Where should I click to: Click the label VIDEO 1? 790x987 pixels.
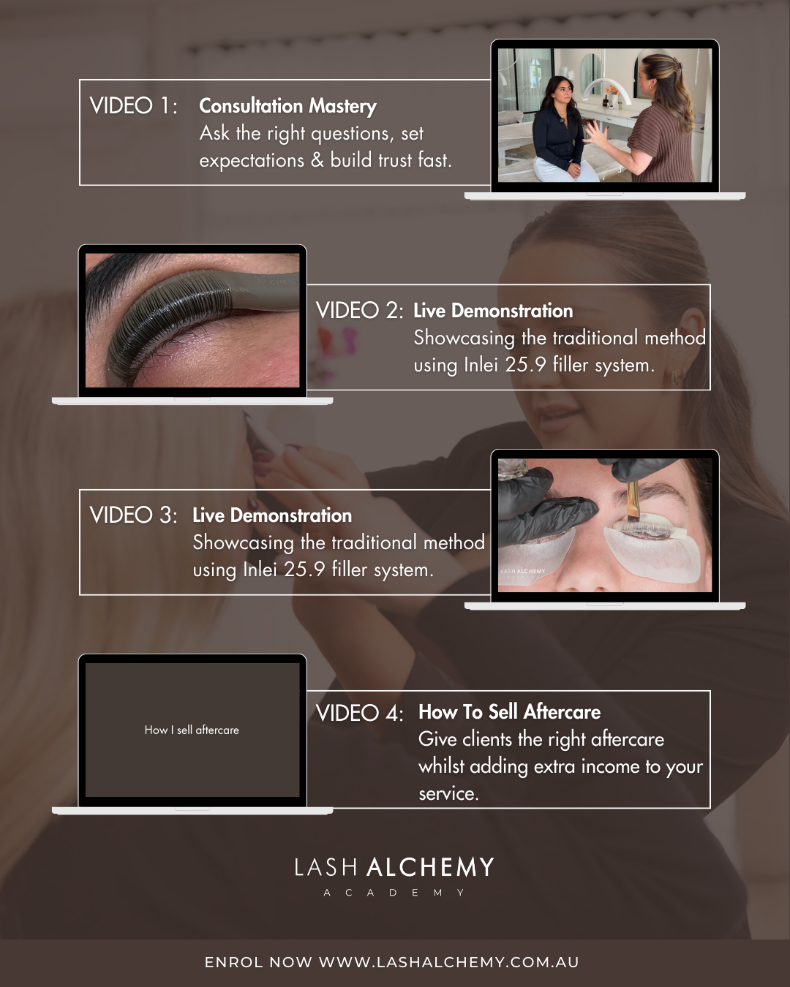coord(133,106)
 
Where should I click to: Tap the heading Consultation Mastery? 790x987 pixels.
coord(287,107)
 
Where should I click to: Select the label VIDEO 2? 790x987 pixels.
coord(359,311)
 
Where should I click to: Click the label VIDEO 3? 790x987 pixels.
coord(133,515)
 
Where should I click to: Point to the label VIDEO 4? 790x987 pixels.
coord(359,713)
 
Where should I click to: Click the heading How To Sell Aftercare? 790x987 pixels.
coord(510,712)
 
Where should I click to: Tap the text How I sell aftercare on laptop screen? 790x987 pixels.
coord(192,730)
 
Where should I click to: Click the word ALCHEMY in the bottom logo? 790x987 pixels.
coord(430,868)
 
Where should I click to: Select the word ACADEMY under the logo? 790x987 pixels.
coord(394,893)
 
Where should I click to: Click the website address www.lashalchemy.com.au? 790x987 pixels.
coord(449,962)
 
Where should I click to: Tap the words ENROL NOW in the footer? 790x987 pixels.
coord(258,962)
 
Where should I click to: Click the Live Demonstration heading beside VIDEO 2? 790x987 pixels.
coord(493,311)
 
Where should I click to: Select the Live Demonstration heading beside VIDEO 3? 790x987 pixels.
coord(272,515)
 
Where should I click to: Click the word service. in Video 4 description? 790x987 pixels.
coord(448,794)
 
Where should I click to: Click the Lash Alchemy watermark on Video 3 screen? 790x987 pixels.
coord(523,572)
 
